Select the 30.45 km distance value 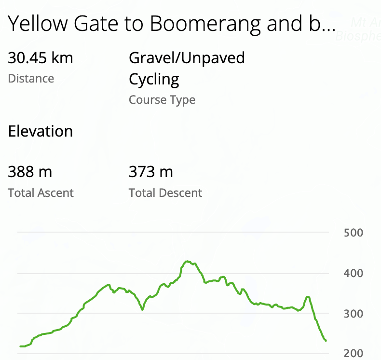point(41,58)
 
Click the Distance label point(31,79)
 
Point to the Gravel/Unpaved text point(187,58)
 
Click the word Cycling point(154,79)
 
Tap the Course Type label point(162,100)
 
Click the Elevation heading point(41,131)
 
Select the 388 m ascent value point(30,172)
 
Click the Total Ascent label point(41,193)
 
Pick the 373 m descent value point(150,172)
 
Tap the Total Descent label point(165,193)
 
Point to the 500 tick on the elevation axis point(354,233)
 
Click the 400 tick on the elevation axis point(354,274)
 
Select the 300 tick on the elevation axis point(354,314)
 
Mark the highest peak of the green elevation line point(187,262)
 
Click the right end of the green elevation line point(327,341)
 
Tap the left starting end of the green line point(20,346)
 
